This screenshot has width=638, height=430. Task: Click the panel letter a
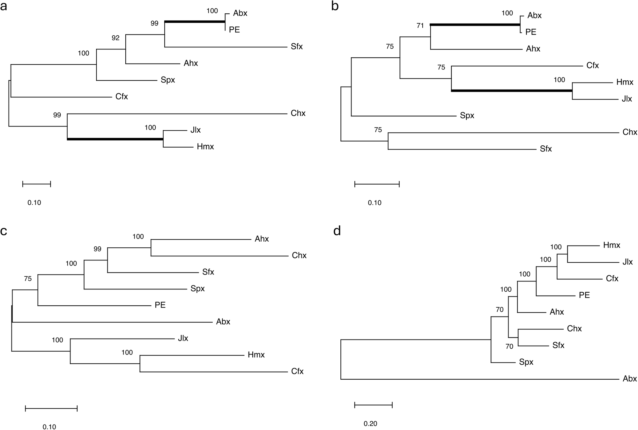point(4,6)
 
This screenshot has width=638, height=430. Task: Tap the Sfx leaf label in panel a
point(296,47)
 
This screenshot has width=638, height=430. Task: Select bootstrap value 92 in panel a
point(115,38)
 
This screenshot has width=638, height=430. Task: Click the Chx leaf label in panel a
point(298,113)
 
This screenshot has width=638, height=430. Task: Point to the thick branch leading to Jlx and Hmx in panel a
point(115,139)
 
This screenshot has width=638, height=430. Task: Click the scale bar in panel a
point(37,184)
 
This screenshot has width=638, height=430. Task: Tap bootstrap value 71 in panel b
point(420,26)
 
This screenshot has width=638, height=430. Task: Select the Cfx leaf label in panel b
point(592,66)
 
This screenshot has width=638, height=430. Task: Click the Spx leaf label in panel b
point(467,115)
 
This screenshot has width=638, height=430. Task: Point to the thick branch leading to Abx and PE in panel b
point(475,24)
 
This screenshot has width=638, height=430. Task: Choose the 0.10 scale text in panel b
point(375,203)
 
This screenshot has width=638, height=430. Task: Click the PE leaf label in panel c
point(160,305)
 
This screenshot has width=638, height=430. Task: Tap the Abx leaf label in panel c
point(223,322)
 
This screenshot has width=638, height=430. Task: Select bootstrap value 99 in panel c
point(97,249)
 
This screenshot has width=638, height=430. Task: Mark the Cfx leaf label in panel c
point(297,371)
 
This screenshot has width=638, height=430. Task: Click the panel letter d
point(337,231)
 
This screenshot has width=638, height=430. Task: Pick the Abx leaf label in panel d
point(629,379)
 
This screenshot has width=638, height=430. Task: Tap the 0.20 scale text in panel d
point(370,424)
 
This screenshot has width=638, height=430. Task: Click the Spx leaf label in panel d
point(526,362)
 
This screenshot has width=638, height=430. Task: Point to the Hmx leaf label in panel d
point(612,245)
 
